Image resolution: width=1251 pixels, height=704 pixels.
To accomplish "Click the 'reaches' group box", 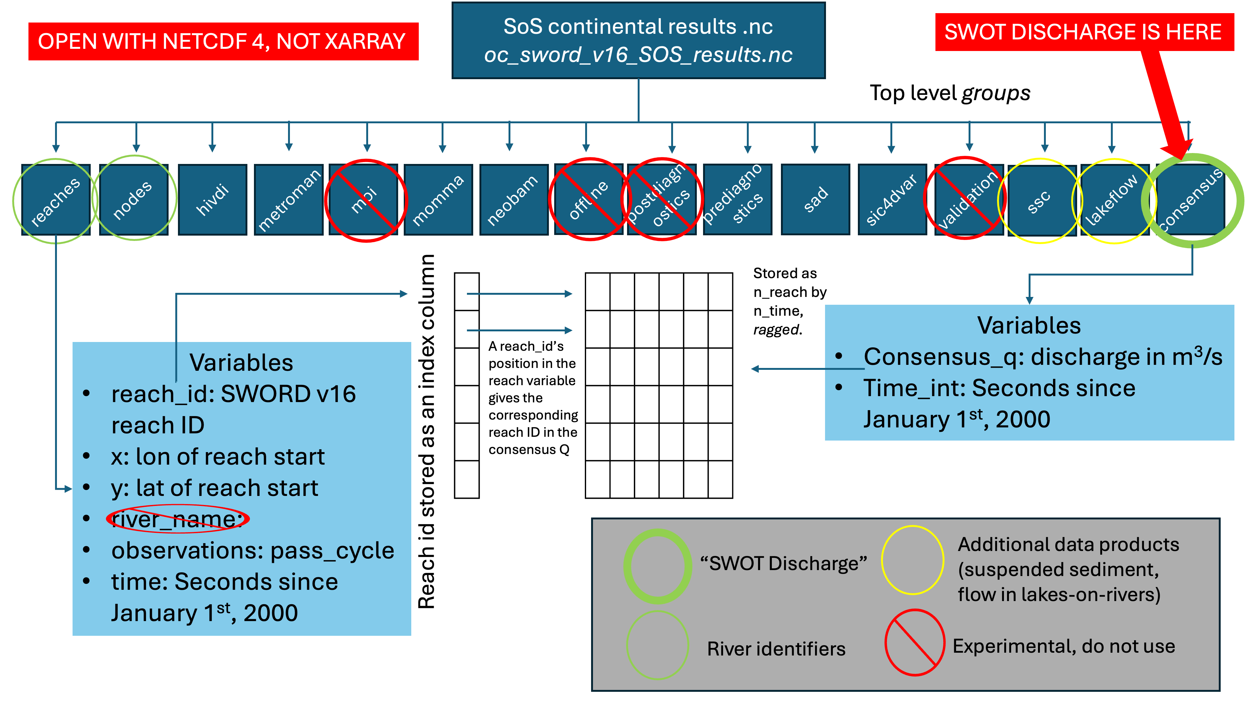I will tap(56, 200).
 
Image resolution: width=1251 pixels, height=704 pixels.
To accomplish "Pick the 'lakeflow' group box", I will tap(1112, 200).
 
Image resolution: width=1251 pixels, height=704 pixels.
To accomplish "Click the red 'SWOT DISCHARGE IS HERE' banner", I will tap(1084, 32).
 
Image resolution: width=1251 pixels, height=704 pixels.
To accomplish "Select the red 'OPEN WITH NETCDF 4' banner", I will tap(223, 41).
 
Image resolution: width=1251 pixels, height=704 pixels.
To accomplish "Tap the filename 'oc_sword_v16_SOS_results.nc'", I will tap(638, 55).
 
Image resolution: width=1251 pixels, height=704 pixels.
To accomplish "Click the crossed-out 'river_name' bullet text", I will tap(177, 519).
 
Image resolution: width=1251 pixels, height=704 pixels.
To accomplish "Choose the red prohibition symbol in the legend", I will tap(914, 642).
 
